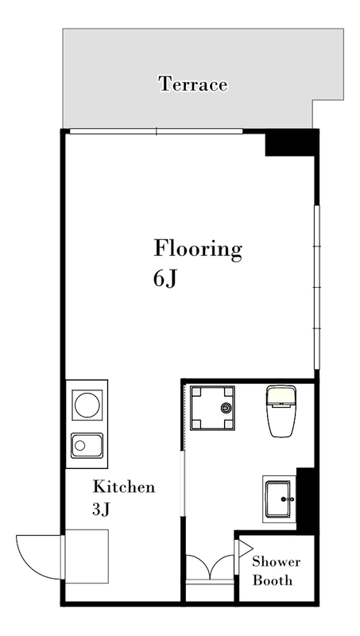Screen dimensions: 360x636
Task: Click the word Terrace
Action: (x=193, y=84)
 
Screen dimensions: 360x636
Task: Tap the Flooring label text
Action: (x=198, y=250)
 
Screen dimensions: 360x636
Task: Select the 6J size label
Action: (x=165, y=279)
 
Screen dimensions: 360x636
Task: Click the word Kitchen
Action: (x=124, y=487)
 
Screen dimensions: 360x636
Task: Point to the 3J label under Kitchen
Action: (x=101, y=510)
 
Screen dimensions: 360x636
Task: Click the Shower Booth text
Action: (x=276, y=571)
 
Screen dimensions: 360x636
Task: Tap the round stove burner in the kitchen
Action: (x=87, y=405)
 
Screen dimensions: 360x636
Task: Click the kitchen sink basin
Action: (x=87, y=445)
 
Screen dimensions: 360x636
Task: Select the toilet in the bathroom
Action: (x=281, y=411)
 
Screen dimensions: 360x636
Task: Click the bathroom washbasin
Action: (x=279, y=499)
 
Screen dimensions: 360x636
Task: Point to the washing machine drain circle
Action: (x=226, y=408)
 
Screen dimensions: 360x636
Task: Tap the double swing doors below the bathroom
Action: (x=210, y=567)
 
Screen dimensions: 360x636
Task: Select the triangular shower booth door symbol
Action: (x=245, y=549)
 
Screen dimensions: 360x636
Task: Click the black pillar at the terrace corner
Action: (x=292, y=142)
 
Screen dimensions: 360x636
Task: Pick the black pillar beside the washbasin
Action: (x=307, y=499)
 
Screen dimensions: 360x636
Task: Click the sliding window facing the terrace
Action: (x=156, y=131)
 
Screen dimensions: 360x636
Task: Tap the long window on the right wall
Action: (x=317, y=287)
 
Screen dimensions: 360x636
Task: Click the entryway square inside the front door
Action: (x=87, y=556)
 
